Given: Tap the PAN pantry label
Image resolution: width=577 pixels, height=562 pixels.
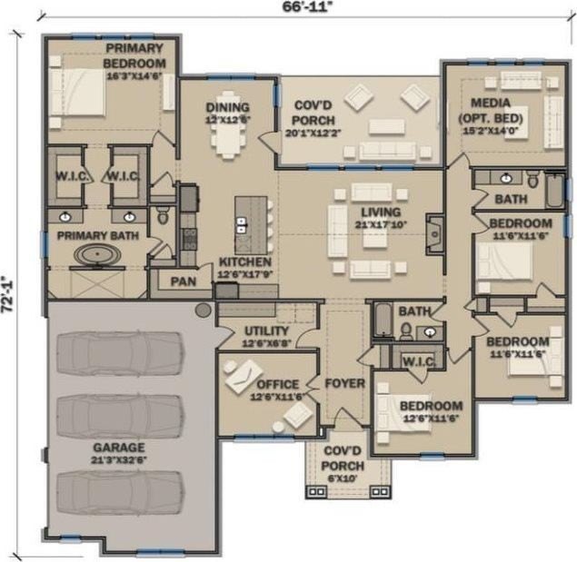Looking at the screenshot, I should (x=183, y=281).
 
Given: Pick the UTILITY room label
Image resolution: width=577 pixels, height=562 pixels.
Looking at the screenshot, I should (x=266, y=336).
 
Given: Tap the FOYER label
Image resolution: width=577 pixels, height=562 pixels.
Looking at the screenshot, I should (x=344, y=383).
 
